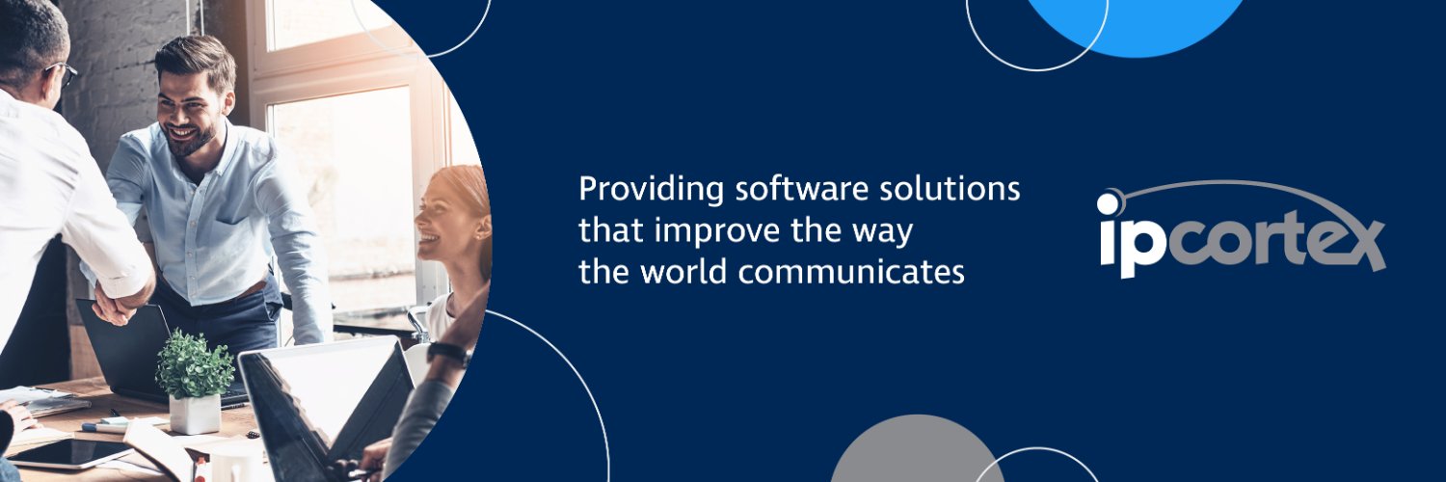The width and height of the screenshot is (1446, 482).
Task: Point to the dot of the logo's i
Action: tap(1109, 203)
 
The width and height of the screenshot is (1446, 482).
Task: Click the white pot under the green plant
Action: tap(195, 413)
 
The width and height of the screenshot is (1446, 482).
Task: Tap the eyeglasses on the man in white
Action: tap(64, 73)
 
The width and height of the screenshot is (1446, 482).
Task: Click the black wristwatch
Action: tap(449, 354)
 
